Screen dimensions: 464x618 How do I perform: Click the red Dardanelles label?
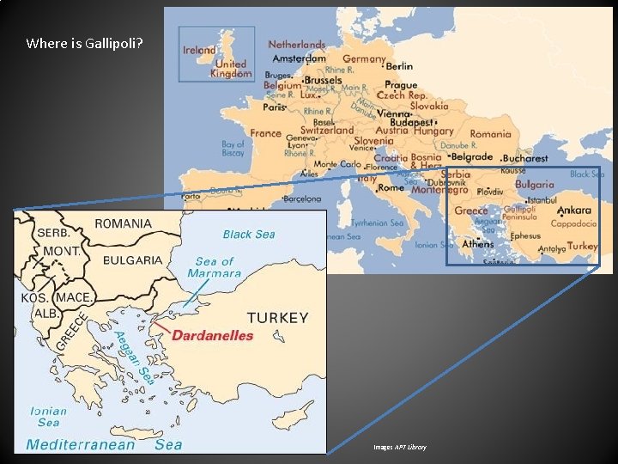tap(212, 335)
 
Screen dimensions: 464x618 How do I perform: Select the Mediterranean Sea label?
tap(104, 444)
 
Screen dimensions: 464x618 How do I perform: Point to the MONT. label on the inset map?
tap(62, 251)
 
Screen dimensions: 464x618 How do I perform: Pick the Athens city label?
tap(477, 244)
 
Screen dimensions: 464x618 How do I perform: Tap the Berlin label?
tap(399, 66)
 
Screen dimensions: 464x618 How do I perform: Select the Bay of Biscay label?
tap(233, 150)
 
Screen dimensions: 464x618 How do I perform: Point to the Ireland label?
tap(199, 50)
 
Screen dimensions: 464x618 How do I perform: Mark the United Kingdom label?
tap(230, 69)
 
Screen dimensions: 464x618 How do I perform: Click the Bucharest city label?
tap(525, 158)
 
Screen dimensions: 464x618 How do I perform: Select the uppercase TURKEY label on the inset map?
tap(277, 317)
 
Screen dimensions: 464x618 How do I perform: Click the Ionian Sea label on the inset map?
tap(48, 417)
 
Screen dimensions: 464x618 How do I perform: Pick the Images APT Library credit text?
tap(399, 448)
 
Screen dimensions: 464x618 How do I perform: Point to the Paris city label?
tap(274, 108)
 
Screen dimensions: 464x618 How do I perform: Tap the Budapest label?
tap(410, 123)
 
